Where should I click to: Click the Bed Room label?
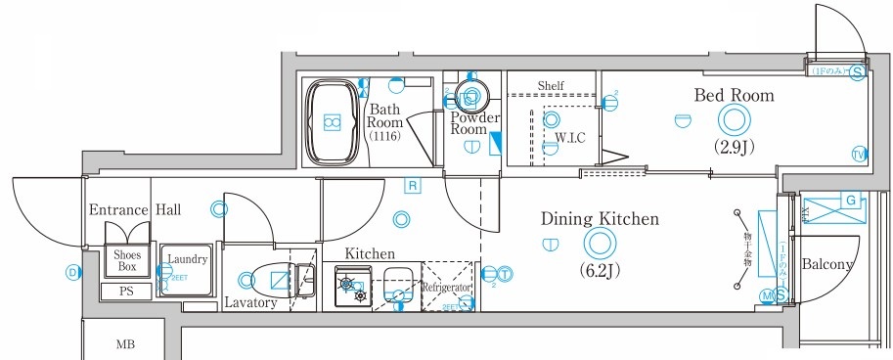pyautogui.click(x=734, y=96)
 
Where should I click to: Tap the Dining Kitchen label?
pyautogui.click(x=600, y=219)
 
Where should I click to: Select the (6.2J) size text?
pyautogui.click(x=599, y=267)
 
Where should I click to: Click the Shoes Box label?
pyautogui.click(x=126, y=261)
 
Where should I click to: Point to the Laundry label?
pyautogui.click(x=187, y=259)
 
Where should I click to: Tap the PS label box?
pyautogui.click(x=126, y=292)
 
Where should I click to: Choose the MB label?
pyautogui.click(x=127, y=343)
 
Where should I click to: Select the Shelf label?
pyautogui.click(x=552, y=86)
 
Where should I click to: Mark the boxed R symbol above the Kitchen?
pyautogui.click(x=414, y=185)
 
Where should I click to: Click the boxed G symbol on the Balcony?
pyautogui.click(x=850, y=202)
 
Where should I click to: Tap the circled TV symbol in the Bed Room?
pyautogui.click(x=858, y=155)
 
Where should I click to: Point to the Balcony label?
pyautogui.click(x=828, y=265)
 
